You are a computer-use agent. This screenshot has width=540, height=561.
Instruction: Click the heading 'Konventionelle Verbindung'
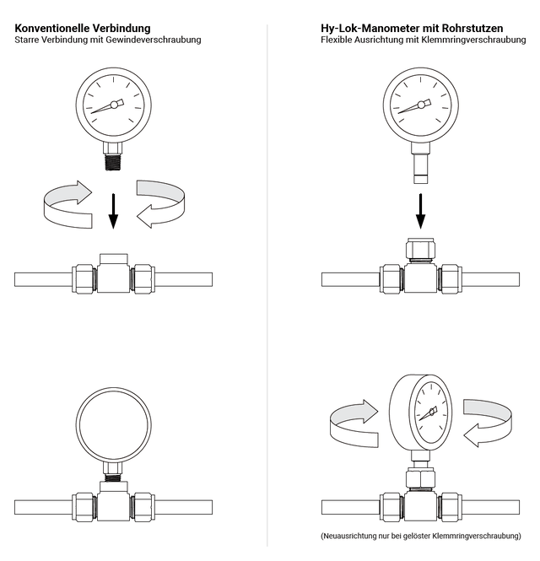point(83,28)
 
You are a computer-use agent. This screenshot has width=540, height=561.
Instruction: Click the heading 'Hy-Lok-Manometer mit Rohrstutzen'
point(412,28)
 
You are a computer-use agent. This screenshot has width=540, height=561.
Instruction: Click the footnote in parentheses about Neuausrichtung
point(421,536)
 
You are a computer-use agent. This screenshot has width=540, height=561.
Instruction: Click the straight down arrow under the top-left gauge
point(113,211)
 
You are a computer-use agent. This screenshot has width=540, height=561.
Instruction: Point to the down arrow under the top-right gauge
point(420,211)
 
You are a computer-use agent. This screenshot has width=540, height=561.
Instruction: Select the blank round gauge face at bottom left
point(113,423)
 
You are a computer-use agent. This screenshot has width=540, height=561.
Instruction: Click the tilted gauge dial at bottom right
point(430,413)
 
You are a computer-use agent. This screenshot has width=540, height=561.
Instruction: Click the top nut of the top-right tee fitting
point(420,249)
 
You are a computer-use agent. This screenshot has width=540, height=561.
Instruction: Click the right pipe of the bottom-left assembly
point(182,507)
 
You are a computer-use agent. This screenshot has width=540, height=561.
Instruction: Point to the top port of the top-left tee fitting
point(113,258)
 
